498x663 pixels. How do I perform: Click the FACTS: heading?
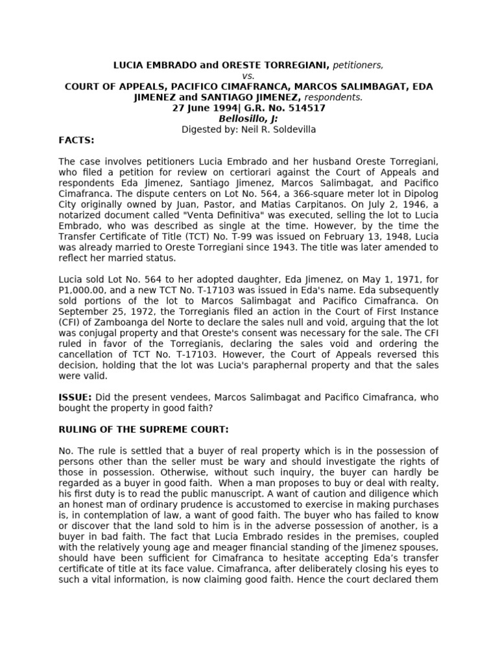click(77, 140)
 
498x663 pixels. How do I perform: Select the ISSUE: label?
click(75, 397)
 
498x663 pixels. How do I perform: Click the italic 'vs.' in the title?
click(249, 76)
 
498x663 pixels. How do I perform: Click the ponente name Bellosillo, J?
click(249, 118)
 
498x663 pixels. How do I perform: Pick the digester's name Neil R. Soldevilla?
click(283, 129)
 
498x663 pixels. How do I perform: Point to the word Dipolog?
click(422, 194)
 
